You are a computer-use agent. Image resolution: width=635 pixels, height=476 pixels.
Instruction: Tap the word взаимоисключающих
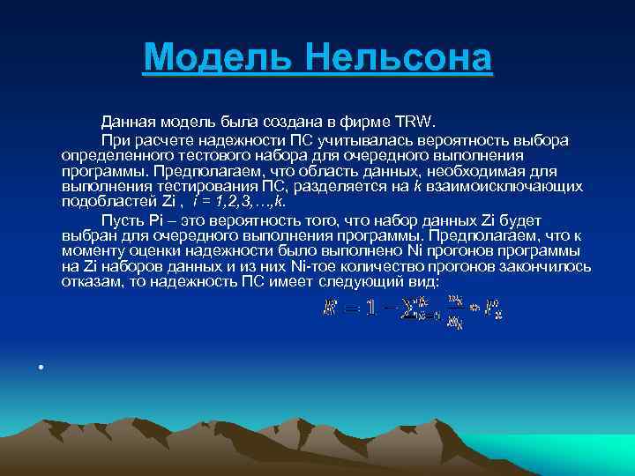pos(497,186)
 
